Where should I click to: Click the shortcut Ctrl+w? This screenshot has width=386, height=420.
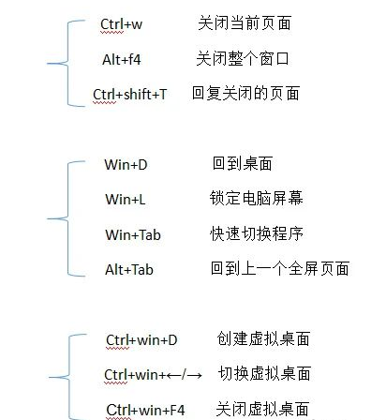coord(121,24)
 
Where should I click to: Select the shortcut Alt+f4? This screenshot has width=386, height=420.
coord(122,59)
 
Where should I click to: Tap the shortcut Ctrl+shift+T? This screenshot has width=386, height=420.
coord(129,94)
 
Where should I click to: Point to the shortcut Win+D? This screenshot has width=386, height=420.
coord(126,164)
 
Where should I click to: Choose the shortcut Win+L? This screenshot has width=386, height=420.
coord(126,199)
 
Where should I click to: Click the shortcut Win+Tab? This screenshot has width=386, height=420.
coord(133,234)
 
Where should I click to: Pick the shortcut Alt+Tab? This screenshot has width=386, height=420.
coord(129,270)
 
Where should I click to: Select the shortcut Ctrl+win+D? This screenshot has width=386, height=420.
coord(141,340)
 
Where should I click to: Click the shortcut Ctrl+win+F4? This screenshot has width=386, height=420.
coord(145,410)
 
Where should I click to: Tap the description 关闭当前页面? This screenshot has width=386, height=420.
coord(245,23)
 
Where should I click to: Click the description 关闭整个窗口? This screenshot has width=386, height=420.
coord(243,58)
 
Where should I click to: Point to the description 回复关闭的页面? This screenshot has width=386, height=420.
coord(245,93)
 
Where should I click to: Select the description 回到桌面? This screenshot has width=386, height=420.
coord(243,163)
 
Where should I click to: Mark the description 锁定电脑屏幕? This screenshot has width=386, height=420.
coord(256,198)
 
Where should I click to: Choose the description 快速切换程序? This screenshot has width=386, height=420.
coord(257,233)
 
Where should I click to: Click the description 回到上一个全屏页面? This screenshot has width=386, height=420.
coord(280,269)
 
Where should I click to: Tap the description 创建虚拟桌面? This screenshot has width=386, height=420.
coord(263,339)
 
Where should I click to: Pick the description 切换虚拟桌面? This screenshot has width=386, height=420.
coord(264,374)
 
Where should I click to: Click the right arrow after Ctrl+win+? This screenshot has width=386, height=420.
coord(194,375)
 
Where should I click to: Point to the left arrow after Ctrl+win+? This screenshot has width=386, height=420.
coord(173,375)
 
